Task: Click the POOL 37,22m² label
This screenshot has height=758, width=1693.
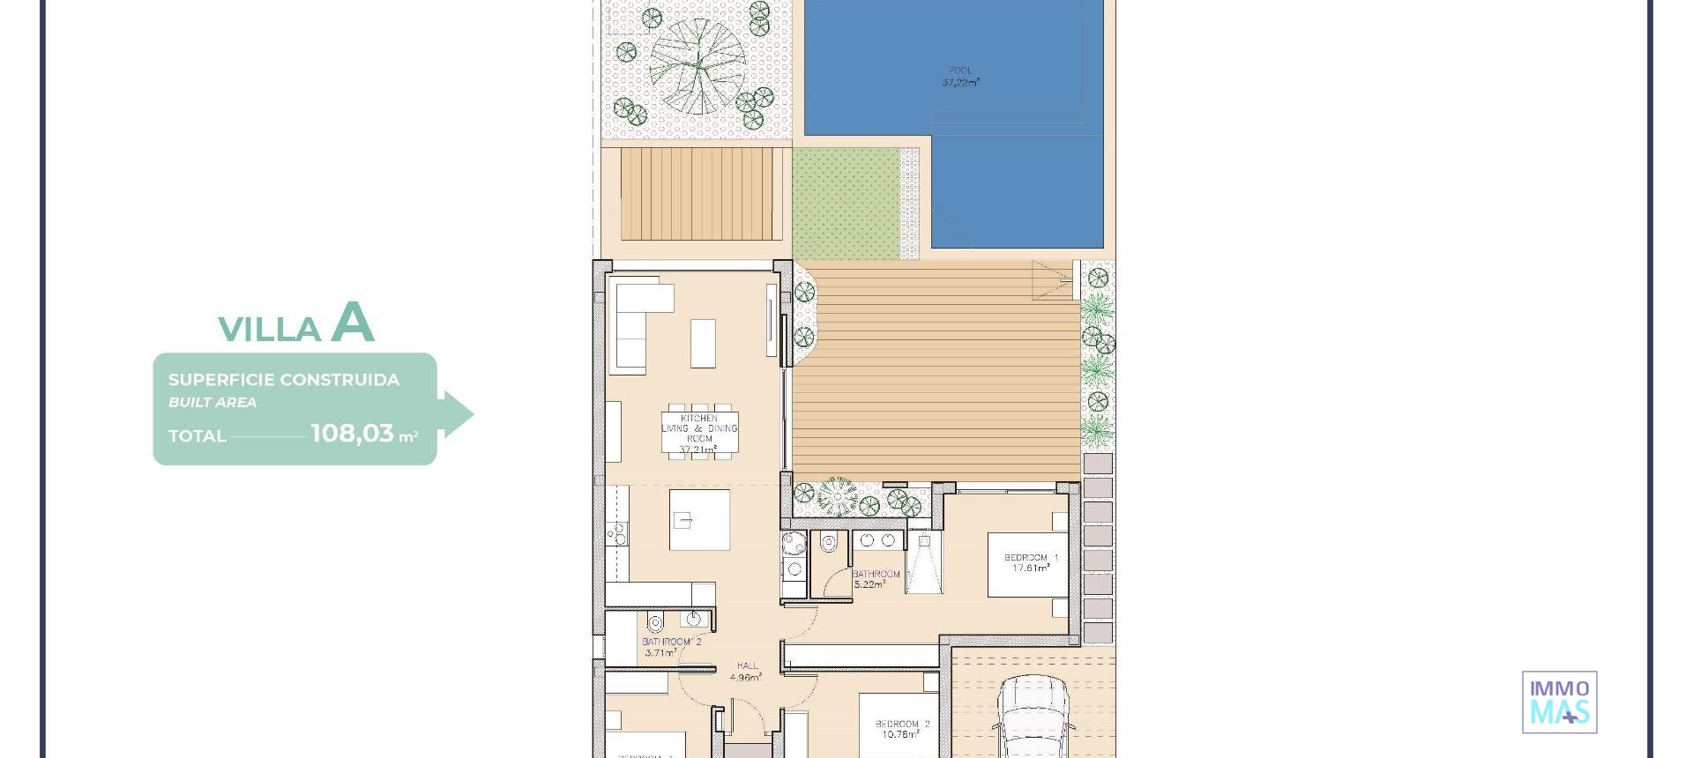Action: (x=960, y=77)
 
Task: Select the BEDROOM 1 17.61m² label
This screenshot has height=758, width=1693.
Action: (x=1031, y=563)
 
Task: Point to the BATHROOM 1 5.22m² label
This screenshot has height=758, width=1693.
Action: (x=876, y=579)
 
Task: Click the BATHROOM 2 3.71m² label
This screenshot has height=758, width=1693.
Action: (x=671, y=648)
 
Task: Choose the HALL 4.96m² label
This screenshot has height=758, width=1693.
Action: (x=747, y=672)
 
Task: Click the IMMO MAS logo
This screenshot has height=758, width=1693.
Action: (x=1559, y=702)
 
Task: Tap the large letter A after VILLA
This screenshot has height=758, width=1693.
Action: (x=353, y=323)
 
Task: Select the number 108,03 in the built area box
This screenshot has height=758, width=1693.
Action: (x=352, y=434)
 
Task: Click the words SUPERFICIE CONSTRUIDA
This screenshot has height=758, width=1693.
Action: (x=284, y=380)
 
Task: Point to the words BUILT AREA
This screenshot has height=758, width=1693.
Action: (x=213, y=403)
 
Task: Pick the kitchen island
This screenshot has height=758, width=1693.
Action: (x=699, y=520)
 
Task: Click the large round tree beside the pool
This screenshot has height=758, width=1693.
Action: (x=697, y=65)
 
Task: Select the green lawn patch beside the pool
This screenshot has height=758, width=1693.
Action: (x=846, y=203)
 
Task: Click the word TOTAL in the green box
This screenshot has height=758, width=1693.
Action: (x=197, y=435)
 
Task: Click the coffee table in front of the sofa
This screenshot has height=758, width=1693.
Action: (x=703, y=343)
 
